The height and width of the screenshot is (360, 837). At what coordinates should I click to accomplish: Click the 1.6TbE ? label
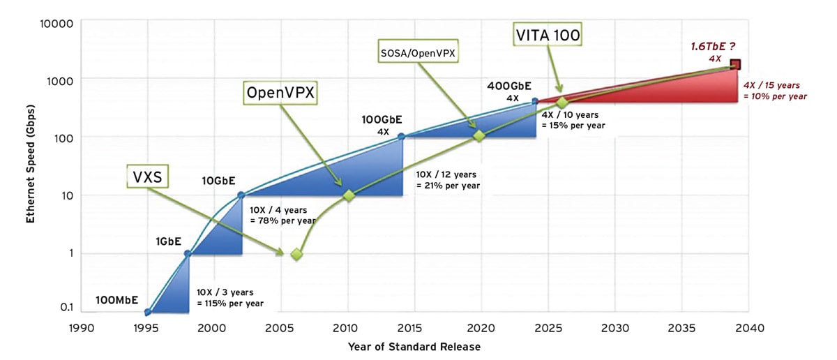point(711,47)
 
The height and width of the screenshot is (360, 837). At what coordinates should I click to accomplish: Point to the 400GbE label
point(508,85)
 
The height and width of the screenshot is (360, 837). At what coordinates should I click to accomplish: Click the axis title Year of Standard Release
point(414,347)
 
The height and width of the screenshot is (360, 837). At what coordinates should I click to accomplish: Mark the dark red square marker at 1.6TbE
point(735,64)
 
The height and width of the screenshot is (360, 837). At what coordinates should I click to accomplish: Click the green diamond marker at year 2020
point(478,136)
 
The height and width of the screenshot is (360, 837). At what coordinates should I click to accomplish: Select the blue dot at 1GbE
point(187,253)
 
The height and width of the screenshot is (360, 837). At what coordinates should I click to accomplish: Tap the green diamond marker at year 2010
point(349,196)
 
